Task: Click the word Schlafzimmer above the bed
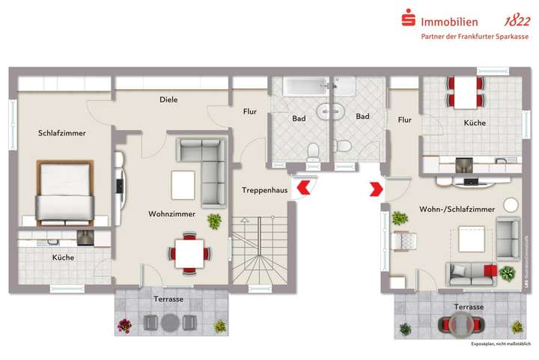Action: (x=62, y=133)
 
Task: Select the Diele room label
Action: (x=168, y=100)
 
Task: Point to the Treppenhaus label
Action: (x=264, y=191)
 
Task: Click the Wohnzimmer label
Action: (x=171, y=214)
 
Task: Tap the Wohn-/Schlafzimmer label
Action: (x=457, y=210)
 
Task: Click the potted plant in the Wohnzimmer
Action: (x=215, y=222)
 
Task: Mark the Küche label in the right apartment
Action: (x=475, y=123)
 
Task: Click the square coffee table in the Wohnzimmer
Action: (x=183, y=183)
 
